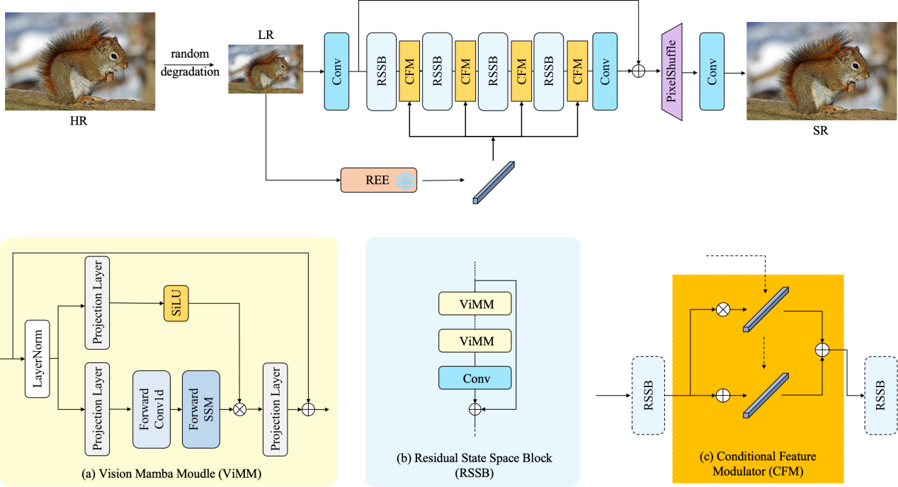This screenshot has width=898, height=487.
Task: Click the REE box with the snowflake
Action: pos(378,181)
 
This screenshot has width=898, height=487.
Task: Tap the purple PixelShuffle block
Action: pos(671,71)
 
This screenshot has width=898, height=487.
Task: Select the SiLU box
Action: pos(176,304)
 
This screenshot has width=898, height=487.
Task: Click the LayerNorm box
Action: pos(38,358)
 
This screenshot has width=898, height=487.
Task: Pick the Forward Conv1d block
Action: pos(152,409)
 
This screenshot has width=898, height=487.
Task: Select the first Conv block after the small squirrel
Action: pos(336,71)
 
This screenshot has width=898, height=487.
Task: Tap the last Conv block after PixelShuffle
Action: pos(712,71)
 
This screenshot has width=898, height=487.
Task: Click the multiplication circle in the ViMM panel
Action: pos(240,409)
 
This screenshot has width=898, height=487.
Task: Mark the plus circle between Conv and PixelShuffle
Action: pos(638,71)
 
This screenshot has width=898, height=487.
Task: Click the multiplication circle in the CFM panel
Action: pos(722,309)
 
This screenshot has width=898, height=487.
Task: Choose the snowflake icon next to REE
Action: pos(404,181)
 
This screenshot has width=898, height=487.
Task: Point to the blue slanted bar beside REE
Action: pos(493,183)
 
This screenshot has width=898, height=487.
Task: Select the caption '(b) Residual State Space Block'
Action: pos(474,458)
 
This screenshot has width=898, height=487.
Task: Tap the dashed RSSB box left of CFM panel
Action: pos(647,395)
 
